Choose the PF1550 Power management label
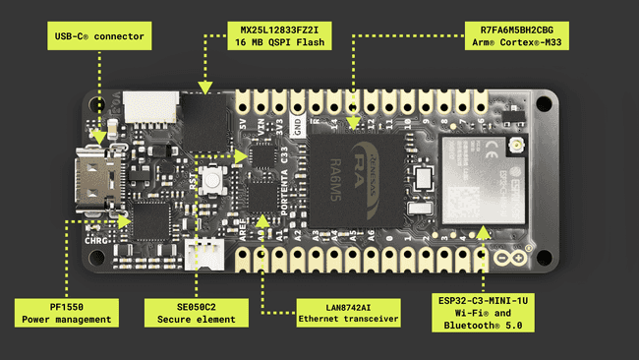(67, 312)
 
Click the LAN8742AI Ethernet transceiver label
(348, 311)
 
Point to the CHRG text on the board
(97, 237)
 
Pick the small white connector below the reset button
(204, 251)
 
